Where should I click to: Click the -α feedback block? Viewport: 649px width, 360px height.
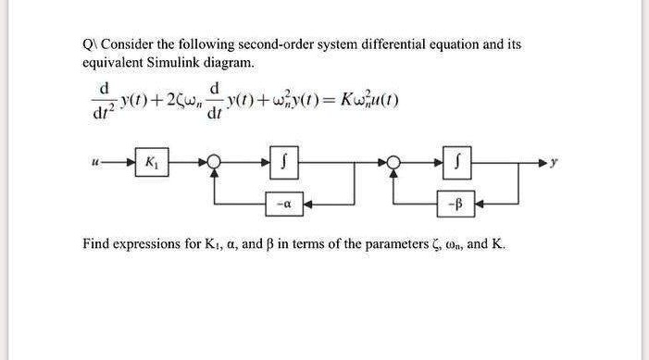click(284, 197)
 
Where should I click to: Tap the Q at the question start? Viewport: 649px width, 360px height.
click(87, 44)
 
